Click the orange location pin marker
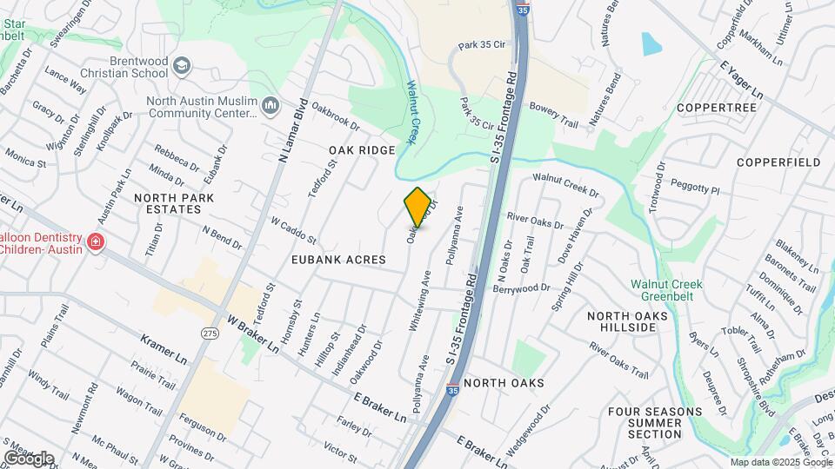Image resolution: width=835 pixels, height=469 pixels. [x=417, y=208]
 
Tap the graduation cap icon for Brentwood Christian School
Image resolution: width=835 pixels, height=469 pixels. [x=181, y=66]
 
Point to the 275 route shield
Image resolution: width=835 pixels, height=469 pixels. [x=209, y=333]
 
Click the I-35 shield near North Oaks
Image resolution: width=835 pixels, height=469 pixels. [x=452, y=390]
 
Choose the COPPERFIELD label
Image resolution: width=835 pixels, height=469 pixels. [x=778, y=162]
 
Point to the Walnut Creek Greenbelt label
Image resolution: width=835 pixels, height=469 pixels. [x=667, y=290]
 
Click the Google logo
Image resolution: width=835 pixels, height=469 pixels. [x=29, y=458]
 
